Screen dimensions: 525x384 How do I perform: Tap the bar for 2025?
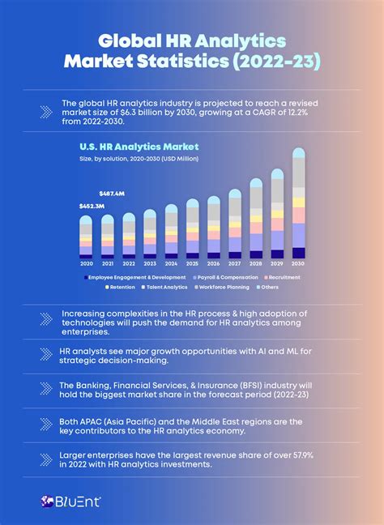point(192,228)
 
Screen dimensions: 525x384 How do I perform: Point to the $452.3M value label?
point(91,208)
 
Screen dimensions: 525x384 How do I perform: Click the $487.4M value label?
point(111,194)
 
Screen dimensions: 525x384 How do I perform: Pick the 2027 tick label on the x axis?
point(235,264)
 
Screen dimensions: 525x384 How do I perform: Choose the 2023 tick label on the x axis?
point(150,264)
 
